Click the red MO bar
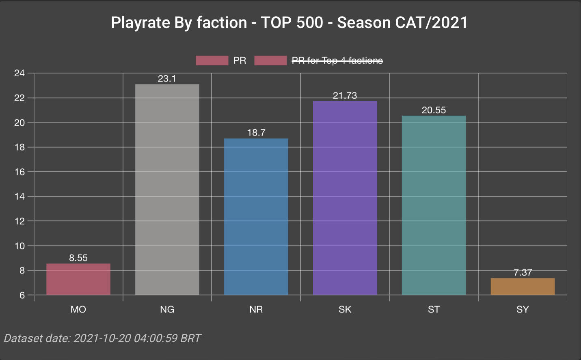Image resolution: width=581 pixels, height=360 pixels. click(78, 279)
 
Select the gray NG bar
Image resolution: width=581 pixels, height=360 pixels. click(167, 190)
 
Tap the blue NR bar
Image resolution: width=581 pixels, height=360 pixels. click(256, 217)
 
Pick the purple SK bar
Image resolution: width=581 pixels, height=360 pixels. click(345, 198)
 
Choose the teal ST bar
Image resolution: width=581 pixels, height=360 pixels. click(434, 205)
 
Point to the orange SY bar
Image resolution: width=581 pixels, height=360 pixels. click(523, 287)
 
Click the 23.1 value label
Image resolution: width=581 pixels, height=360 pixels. click(167, 79)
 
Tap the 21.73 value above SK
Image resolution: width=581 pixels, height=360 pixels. click(345, 96)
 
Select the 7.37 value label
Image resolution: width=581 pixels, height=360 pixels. click(523, 272)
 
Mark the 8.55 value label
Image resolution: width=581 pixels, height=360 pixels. click(78, 258)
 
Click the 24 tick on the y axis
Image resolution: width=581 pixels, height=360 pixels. click(19, 73)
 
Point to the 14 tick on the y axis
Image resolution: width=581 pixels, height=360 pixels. click(19, 196)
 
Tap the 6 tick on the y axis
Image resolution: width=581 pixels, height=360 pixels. click(22, 295)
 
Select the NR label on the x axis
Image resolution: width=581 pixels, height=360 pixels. click(256, 309)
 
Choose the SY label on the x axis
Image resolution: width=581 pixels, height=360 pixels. click(523, 309)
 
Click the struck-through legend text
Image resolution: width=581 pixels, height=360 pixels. click(337, 60)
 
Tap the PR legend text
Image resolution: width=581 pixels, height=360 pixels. click(240, 60)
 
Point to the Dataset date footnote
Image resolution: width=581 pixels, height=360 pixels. click(102, 338)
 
